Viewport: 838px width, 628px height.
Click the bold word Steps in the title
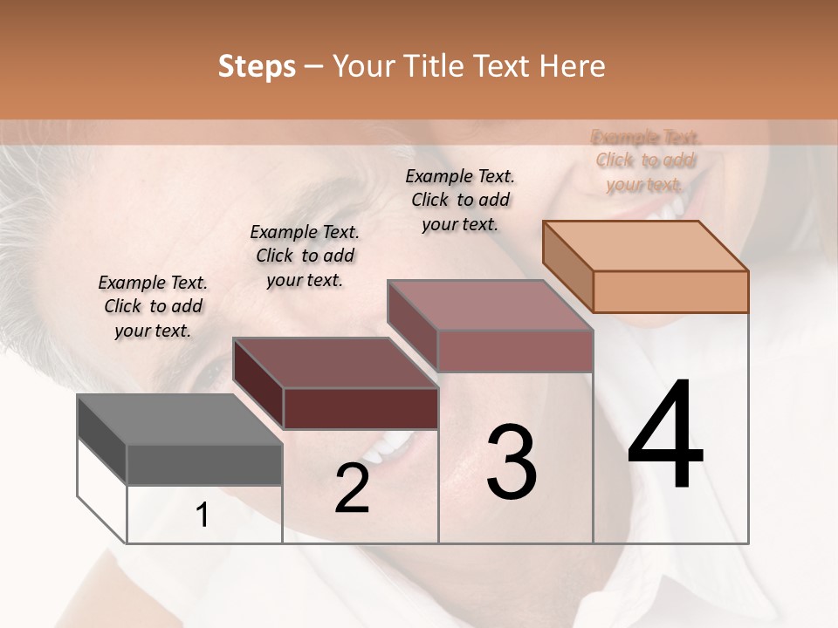[257, 66]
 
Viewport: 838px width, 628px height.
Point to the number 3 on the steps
[512, 462]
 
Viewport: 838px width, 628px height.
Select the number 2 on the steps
[352, 488]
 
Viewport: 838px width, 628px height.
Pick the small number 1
[203, 515]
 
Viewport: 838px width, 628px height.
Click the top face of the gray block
[179, 420]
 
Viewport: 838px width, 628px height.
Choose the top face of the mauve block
[490, 305]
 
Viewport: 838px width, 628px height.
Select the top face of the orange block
[645, 246]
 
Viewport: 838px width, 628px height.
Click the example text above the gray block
[153, 307]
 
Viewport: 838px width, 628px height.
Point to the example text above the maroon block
[305, 256]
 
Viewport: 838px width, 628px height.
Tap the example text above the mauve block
[460, 200]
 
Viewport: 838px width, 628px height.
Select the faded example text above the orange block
[645, 160]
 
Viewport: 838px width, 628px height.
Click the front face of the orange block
[670, 291]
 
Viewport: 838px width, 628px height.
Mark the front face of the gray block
[204, 465]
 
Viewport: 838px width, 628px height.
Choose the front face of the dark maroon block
[361, 408]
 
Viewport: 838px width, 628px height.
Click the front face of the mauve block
[515, 351]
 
